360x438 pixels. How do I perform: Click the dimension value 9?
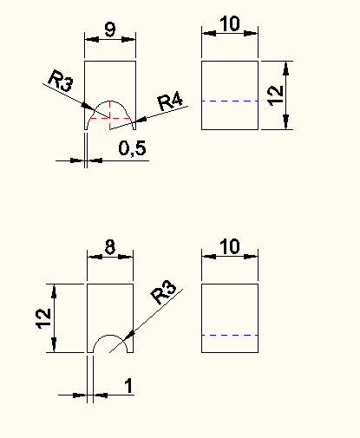[110, 29]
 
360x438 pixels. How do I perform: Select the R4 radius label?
[170, 101]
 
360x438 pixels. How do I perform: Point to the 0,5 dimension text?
[132, 148]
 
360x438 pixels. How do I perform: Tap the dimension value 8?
[110, 247]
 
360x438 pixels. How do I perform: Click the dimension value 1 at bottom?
[129, 386]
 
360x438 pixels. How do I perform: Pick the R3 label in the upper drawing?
[61, 81]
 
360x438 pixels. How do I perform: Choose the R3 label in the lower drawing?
[164, 292]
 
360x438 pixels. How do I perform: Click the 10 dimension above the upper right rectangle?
[230, 23]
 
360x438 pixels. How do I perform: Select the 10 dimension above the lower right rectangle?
[230, 246]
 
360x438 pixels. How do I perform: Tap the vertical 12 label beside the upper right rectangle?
[275, 95]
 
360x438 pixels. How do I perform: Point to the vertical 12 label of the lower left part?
[43, 318]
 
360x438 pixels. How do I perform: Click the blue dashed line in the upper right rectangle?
[230, 101]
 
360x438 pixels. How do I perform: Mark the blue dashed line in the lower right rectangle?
[230, 335]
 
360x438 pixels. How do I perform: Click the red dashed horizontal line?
[111, 118]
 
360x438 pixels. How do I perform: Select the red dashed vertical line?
[110, 115]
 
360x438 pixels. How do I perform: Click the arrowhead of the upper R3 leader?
[88, 106]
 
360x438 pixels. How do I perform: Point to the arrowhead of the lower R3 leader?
[129, 335]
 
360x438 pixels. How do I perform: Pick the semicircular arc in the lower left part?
[110, 335]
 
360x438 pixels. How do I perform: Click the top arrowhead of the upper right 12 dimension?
[286, 69]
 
